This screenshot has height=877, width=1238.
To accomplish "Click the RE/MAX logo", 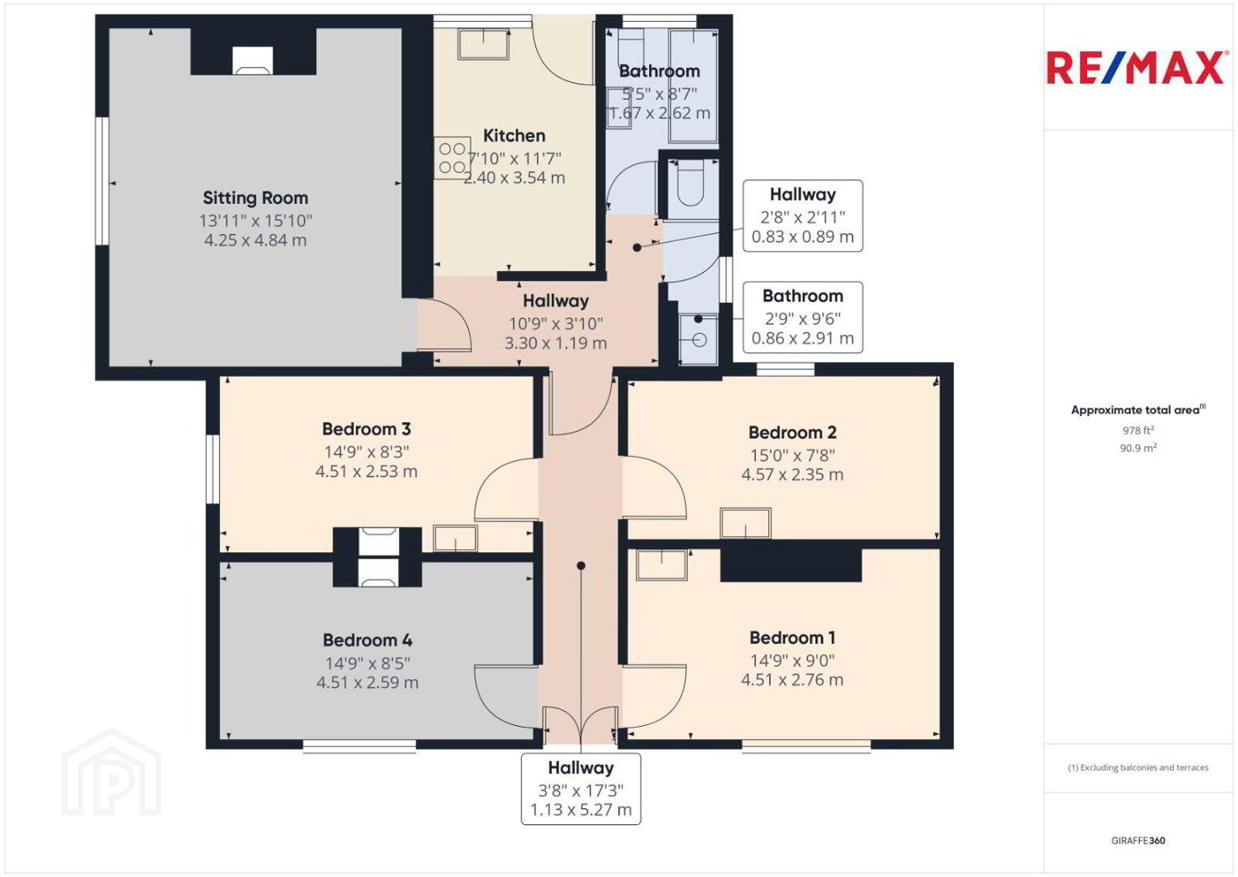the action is [x=1135, y=67].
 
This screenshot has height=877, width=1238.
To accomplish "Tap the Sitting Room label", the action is [x=256, y=197].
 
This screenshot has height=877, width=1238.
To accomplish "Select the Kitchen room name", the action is [x=514, y=136].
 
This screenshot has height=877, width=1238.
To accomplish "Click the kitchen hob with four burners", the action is [x=452, y=158].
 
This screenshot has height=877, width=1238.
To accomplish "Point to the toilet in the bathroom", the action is [x=691, y=184].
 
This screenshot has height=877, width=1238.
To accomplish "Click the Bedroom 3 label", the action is [x=367, y=429].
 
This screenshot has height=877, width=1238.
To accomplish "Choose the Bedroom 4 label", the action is [x=368, y=640].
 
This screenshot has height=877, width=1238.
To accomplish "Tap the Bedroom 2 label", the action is [x=792, y=432].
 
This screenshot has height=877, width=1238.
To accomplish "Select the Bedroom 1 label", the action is [x=792, y=637].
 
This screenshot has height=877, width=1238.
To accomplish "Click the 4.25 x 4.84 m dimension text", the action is [x=256, y=240].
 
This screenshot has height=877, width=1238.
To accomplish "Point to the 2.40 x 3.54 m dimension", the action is [x=514, y=178].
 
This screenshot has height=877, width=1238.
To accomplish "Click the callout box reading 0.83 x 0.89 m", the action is [x=802, y=216].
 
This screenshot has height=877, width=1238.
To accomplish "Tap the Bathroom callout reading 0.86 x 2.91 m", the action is [x=802, y=318].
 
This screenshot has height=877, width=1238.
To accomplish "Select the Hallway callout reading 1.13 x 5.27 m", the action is [x=581, y=789].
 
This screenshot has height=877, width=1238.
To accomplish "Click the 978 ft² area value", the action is [x=1138, y=430].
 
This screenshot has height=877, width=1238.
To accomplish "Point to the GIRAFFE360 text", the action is [x=1138, y=840].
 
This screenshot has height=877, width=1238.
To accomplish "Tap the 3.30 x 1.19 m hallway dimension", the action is [x=556, y=343].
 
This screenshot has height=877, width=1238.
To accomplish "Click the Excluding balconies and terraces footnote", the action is [x=1138, y=767].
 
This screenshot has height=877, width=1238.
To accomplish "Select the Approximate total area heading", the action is [x=1138, y=410].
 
